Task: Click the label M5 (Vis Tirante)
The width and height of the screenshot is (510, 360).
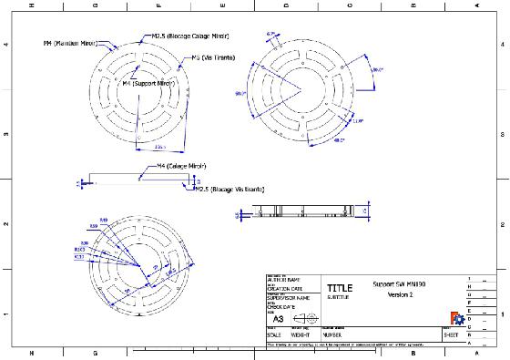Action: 210,57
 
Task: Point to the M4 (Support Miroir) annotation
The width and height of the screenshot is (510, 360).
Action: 148,83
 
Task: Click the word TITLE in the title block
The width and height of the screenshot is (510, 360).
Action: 339,287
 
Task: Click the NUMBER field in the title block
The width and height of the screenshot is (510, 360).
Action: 339,334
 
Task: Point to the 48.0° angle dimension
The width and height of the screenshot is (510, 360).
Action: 340,140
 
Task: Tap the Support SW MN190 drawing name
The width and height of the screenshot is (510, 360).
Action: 400,283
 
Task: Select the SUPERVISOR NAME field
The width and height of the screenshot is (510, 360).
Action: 291,297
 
